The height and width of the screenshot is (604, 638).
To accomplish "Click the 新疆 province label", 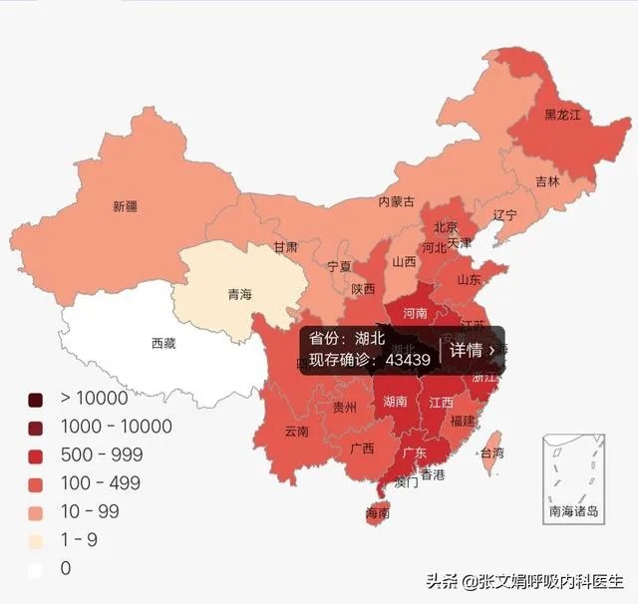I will click(125, 207).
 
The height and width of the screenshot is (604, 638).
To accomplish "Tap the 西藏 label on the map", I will click(163, 344).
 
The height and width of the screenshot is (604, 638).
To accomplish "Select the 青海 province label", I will click(239, 295).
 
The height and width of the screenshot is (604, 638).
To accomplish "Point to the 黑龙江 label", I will click(561, 116).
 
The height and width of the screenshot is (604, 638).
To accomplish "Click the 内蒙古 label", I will click(396, 201).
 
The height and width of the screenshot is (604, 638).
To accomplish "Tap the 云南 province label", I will click(296, 432).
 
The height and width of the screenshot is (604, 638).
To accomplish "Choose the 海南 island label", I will click(377, 513).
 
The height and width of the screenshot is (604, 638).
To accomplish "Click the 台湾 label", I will click(491, 453).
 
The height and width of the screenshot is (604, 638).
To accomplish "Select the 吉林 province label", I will click(547, 181).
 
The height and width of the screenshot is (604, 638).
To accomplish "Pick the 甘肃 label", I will click(286, 246).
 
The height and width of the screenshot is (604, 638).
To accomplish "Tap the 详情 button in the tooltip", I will click(472, 350).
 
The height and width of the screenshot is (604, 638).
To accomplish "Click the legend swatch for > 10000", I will click(36, 399).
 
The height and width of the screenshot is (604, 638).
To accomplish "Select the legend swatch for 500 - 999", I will click(36, 454).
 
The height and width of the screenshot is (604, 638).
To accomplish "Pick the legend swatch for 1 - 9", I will click(36, 540).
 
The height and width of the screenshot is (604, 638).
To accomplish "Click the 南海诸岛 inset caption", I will click(573, 511).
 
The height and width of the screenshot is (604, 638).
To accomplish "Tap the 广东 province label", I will click(414, 453).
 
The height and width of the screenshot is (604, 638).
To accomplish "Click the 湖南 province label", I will click(395, 402).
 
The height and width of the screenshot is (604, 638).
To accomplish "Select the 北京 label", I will click(446, 226).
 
